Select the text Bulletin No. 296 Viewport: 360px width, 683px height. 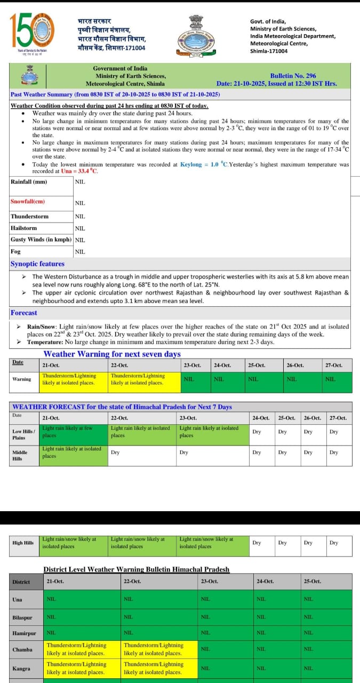tap(293, 76)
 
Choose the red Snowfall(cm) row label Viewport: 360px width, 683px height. tap(28, 202)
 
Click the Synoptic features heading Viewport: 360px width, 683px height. tap(37, 264)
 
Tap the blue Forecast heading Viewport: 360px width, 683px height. tap(24, 313)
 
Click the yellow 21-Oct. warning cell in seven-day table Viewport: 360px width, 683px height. tap(74, 379)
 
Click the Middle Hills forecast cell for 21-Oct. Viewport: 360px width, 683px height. tap(74, 452)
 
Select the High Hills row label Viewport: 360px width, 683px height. tap(23, 543)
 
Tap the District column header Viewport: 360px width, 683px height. tap(21, 582)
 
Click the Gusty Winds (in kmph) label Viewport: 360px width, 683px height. tap(41, 240)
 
